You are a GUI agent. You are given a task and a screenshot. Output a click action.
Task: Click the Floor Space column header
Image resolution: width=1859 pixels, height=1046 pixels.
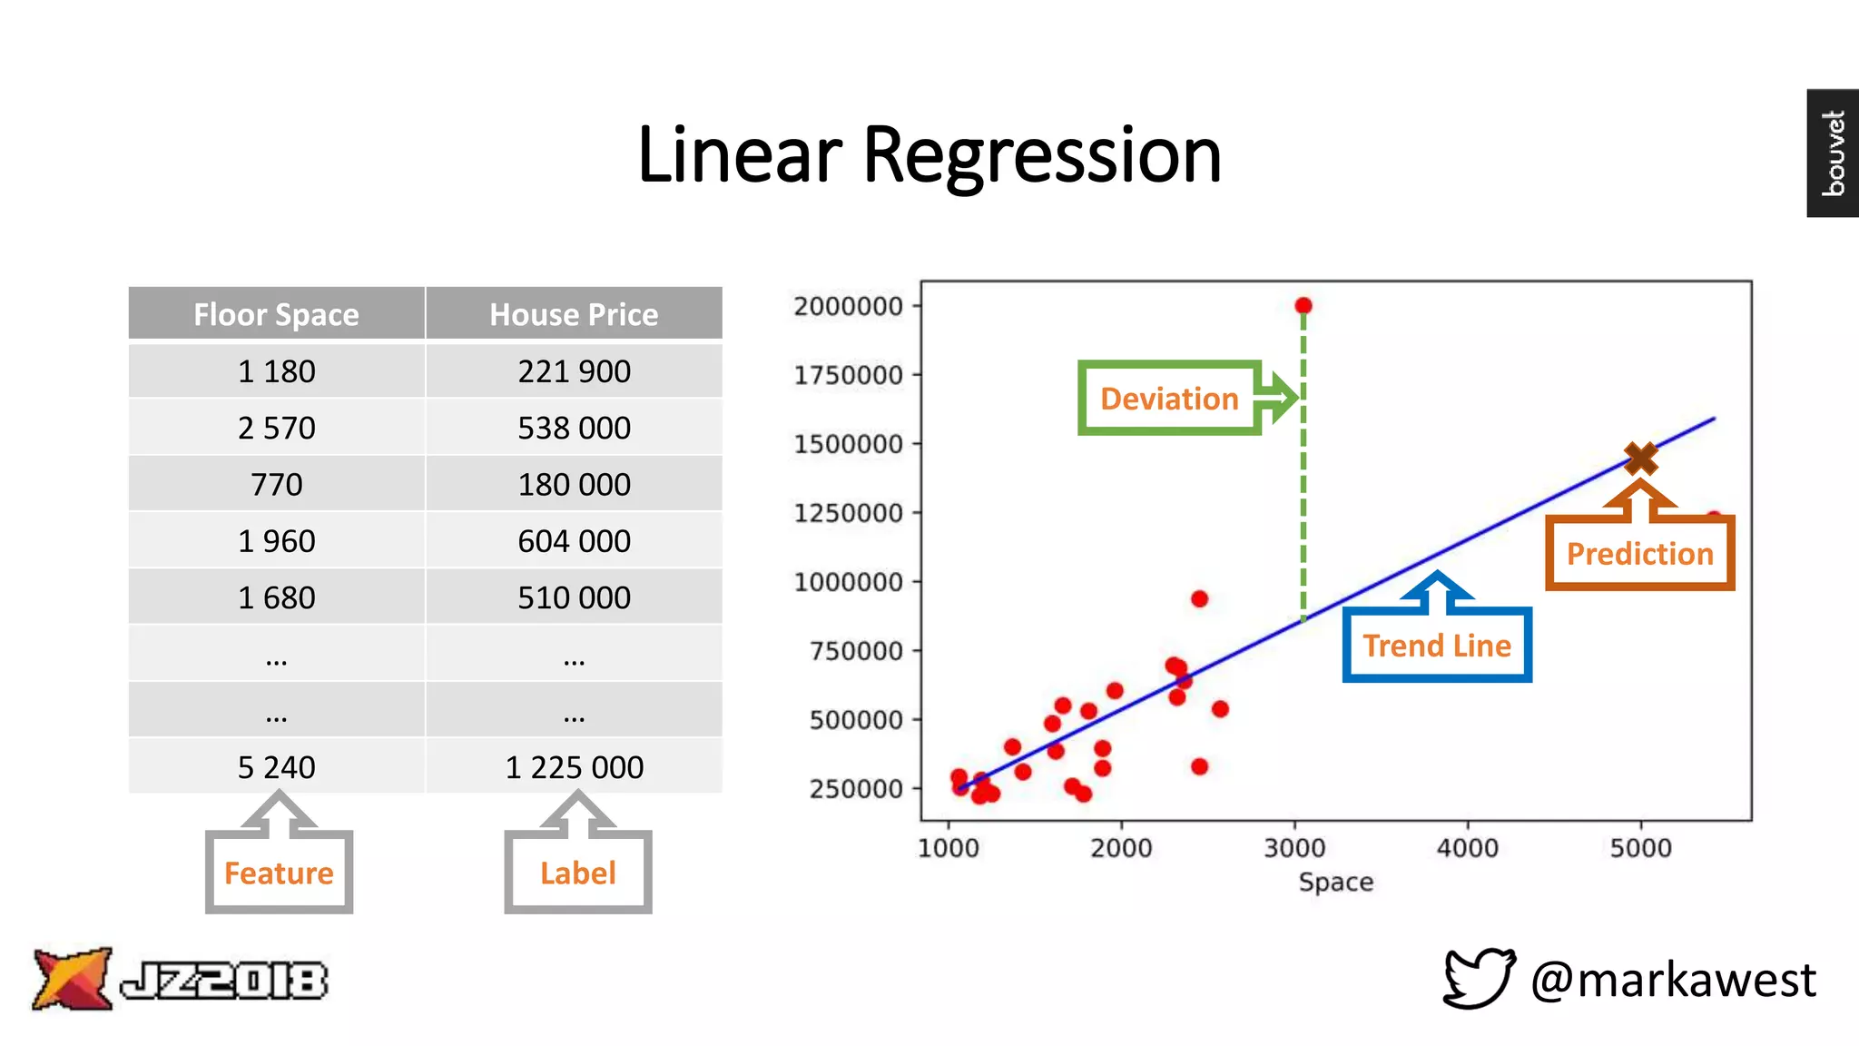[276, 314]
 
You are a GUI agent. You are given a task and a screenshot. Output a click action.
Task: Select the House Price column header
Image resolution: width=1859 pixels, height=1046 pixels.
[574, 314]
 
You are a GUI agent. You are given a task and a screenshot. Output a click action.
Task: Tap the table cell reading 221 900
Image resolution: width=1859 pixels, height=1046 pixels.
[574, 371]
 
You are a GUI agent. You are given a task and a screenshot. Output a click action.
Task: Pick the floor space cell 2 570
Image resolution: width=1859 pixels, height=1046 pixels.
[276, 428]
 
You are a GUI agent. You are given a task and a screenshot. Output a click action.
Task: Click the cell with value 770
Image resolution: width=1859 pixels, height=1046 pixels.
[276, 485]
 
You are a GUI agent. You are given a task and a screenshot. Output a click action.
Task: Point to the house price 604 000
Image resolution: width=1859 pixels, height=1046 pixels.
[574, 541]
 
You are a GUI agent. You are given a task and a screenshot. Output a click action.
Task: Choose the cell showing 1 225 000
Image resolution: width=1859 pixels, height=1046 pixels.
[574, 767]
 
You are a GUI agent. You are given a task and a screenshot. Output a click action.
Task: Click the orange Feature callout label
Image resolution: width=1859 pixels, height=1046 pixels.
[279, 873]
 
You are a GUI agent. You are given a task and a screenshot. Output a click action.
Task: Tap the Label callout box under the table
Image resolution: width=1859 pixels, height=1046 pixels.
[578, 873]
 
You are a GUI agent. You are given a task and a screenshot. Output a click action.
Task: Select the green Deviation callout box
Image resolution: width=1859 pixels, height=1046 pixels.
[1169, 399]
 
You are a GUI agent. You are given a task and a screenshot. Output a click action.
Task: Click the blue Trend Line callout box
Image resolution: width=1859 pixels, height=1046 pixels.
[1437, 646]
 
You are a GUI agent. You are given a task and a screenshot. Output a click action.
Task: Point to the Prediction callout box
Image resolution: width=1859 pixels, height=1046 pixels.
[1639, 553]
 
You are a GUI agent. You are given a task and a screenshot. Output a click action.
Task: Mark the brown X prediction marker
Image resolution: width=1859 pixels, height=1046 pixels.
[1641, 459]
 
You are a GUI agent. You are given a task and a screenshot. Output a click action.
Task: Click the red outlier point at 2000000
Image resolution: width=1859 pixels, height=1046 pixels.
[1303, 306]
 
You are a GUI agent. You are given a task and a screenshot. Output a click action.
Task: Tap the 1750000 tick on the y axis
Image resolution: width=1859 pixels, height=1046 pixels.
[848, 375]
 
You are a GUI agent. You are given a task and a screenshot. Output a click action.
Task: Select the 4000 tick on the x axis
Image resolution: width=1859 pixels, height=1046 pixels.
[1467, 848]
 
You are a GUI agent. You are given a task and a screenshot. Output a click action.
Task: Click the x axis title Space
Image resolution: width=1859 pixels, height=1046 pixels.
[1335, 882]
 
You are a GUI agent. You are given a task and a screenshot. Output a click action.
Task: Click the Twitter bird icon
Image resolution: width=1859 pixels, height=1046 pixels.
[1479, 978]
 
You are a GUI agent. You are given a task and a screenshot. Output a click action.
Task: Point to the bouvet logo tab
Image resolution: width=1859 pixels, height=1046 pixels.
[1833, 153]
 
